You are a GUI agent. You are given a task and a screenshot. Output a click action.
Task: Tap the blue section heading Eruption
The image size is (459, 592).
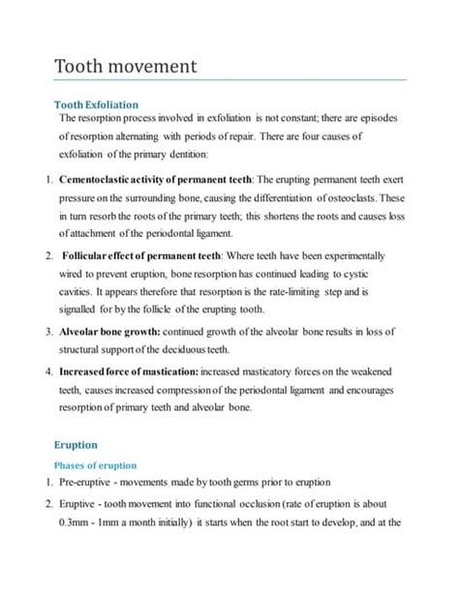(76, 446)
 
